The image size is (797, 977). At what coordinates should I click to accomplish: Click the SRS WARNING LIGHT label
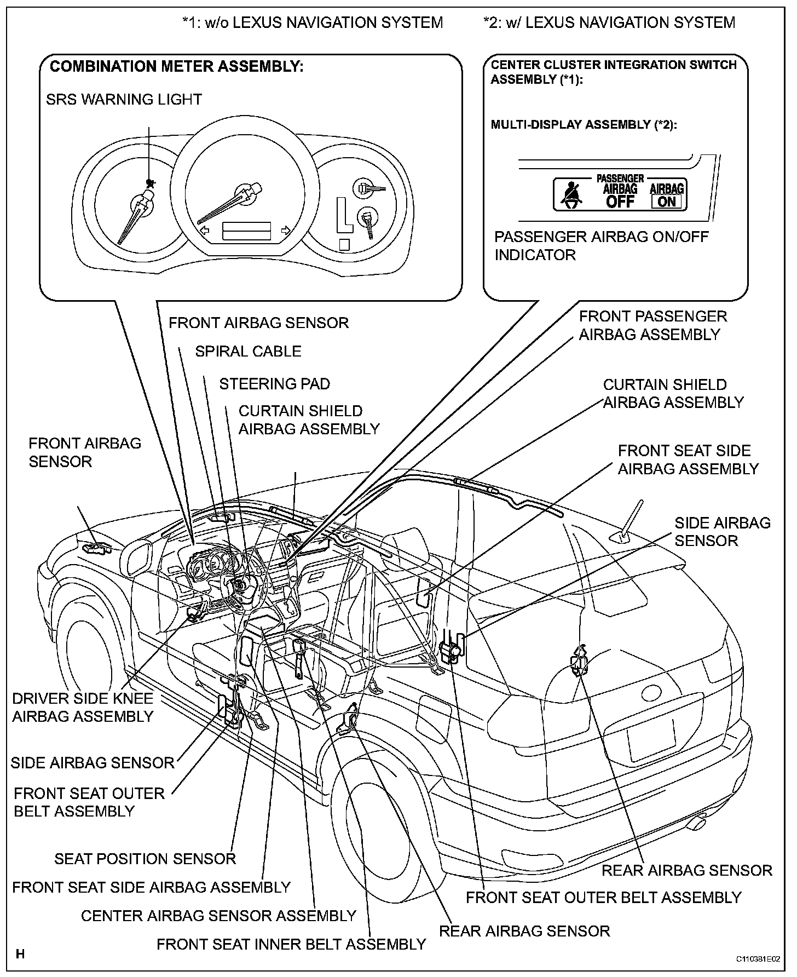[x=124, y=100]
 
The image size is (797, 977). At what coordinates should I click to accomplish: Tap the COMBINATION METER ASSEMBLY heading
[x=176, y=67]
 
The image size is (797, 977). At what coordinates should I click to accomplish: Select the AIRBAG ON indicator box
[x=667, y=196]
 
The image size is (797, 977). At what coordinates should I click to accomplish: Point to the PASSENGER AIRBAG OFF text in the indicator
[x=620, y=192]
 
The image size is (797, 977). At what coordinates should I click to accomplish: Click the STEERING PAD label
[x=275, y=384]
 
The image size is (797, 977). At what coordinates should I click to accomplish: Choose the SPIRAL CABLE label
[x=248, y=352]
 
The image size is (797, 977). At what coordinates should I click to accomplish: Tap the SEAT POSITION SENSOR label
[x=145, y=859]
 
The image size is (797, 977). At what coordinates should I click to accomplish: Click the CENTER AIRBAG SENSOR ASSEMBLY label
[x=219, y=916]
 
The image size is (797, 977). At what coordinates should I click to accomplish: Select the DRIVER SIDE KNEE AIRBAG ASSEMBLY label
[x=83, y=708]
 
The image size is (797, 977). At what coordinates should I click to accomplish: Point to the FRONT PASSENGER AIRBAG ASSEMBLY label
[x=652, y=325]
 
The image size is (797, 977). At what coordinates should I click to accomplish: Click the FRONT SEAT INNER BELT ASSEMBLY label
[x=291, y=944]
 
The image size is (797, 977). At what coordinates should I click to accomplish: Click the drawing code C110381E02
[x=758, y=959]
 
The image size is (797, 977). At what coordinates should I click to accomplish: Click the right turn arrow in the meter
[x=285, y=230]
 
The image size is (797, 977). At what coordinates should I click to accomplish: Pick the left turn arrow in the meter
[x=204, y=230]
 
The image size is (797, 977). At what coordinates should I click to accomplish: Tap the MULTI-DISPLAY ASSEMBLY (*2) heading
[x=584, y=125]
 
